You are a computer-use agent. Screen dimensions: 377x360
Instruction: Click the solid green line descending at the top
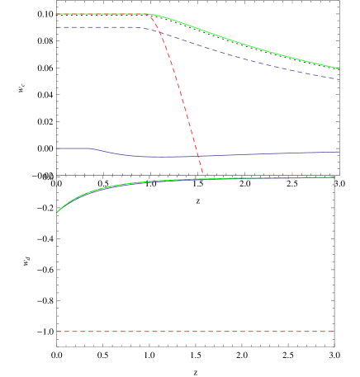248,45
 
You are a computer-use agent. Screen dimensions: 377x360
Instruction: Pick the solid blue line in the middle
248,154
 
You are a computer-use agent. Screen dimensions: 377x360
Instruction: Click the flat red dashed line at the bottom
195,332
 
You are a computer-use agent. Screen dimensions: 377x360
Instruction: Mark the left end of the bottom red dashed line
56,332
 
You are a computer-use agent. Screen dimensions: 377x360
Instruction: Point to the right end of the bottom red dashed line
334,332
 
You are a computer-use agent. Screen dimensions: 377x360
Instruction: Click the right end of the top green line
339,68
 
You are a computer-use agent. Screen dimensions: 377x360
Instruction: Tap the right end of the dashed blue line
339,79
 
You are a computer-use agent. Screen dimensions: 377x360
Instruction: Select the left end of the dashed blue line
55,27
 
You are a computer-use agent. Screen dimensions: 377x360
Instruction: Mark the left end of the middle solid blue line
55,148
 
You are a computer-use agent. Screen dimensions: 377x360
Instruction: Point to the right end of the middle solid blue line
339,152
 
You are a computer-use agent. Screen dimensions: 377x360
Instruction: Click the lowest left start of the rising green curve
57,212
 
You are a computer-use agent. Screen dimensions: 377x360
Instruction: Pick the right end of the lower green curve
334,177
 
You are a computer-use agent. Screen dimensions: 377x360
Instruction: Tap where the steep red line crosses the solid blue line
198,156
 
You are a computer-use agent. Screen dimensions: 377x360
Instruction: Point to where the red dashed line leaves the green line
150,14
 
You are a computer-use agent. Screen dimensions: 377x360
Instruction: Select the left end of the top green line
55,14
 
